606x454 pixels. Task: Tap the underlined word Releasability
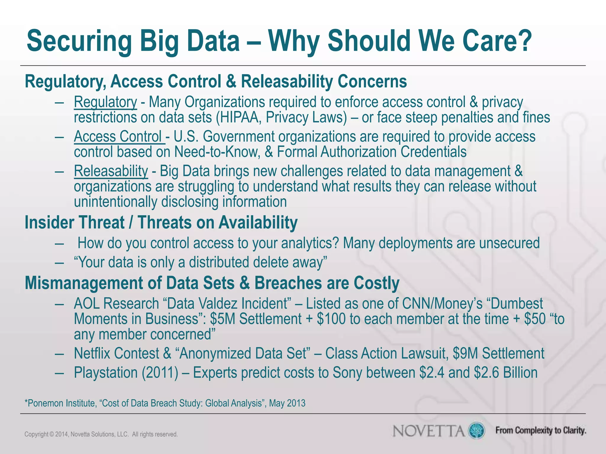pyautogui.click(x=111, y=171)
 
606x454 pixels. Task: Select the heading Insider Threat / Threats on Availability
pyautogui.click(x=161, y=223)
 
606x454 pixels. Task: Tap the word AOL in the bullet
pyautogui.click(x=87, y=304)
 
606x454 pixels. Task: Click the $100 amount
pyautogui.click(x=331, y=319)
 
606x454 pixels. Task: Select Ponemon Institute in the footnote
pyautogui.click(x=61, y=403)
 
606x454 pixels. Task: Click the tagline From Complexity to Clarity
pyautogui.click(x=541, y=431)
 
